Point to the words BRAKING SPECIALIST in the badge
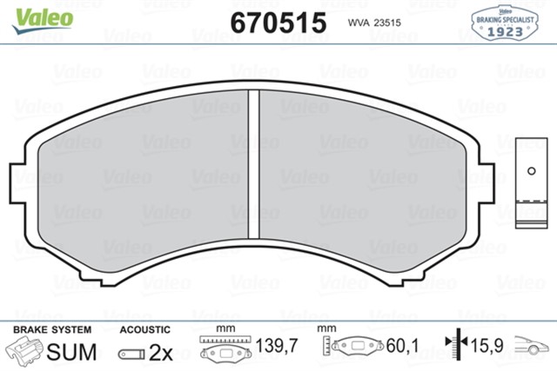504,18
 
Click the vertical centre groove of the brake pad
255,162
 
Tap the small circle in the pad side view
527,170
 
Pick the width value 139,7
277,348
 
